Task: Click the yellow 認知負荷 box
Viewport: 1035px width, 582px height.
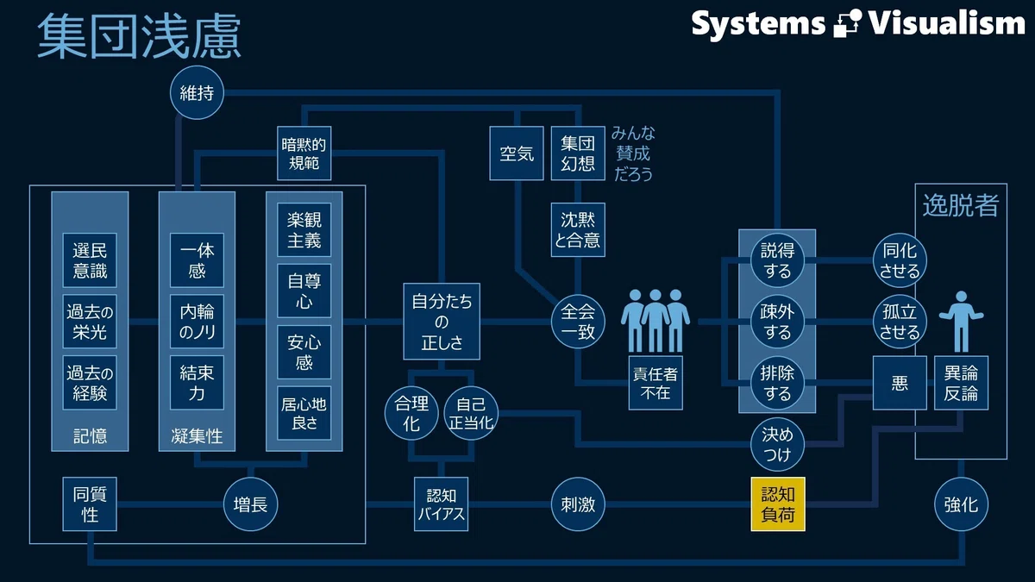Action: pos(778,504)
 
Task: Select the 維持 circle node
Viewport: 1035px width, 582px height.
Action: pos(197,92)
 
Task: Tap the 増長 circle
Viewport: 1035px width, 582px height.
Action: pos(250,504)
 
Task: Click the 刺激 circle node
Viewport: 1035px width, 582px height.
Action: pos(578,504)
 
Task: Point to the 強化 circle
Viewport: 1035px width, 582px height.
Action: pos(961,504)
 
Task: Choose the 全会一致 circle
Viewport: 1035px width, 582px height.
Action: pos(578,321)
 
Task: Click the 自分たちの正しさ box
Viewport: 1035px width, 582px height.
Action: pos(442,321)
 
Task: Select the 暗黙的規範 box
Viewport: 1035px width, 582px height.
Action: pos(304,153)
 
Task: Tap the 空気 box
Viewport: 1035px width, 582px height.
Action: pos(517,153)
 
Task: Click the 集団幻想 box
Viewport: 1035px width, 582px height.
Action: pos(578,153)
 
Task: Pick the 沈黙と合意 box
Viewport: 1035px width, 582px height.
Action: pos(578,229)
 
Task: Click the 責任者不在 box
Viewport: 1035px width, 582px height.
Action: pos(655,383)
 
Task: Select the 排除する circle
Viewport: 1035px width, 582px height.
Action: pos(777,383)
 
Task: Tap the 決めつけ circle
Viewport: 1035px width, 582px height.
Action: pos(777,444)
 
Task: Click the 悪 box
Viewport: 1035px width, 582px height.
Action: pos(899,383)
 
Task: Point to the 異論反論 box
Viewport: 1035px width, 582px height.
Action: pos(961,383)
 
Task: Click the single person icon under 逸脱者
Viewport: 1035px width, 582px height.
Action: pos(961,321)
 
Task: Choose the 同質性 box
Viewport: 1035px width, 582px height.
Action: pos(90,504)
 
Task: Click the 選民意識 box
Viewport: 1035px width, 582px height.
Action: pos(90,260)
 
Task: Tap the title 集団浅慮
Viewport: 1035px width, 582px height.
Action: pos(139,36)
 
